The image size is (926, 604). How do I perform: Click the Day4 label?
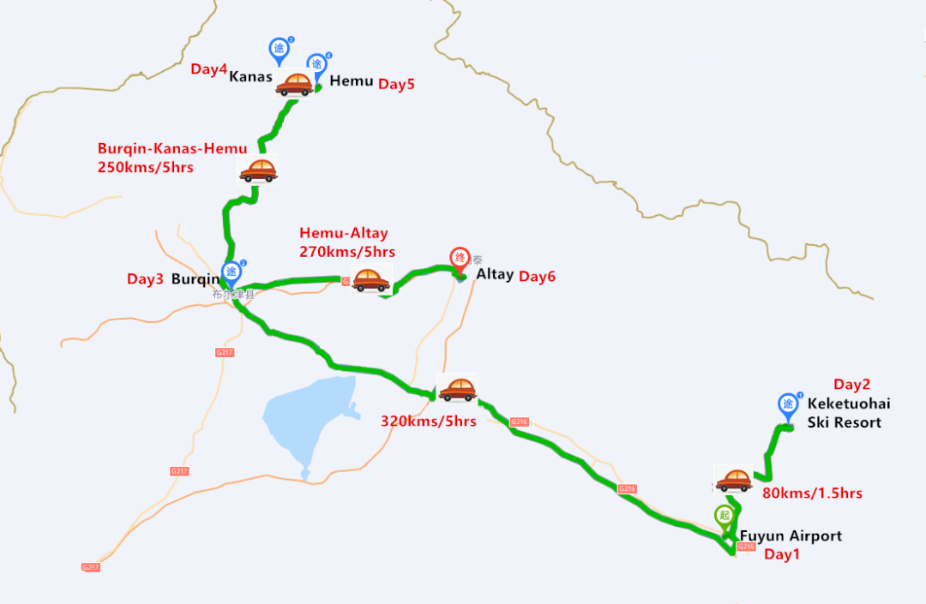tap(208, 69)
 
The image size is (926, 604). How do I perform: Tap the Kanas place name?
tap(250, 77)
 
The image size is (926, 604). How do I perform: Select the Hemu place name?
tap(352, 81)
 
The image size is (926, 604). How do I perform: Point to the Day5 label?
tap(397, 84)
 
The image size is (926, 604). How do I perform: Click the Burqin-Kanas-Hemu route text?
tap(172, 149)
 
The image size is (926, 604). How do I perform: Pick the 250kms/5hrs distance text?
tap(146, 167)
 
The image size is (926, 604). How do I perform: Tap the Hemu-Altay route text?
tap(344, 233)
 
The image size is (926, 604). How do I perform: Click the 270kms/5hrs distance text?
tap(347, 252)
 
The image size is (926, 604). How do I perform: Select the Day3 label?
tap(145, 278)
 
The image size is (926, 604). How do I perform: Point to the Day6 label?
tap(538, 276)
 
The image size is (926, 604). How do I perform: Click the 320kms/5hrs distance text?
tap(429, 421)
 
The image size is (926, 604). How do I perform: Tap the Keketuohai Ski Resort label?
tap(845, 413)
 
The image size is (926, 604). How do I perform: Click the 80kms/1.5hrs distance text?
tap(812, 493)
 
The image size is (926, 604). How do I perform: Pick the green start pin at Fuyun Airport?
tap(725, 517)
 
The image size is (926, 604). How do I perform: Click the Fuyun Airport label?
tap(791, 536)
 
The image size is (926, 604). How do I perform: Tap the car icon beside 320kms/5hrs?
tap(457, 389)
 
